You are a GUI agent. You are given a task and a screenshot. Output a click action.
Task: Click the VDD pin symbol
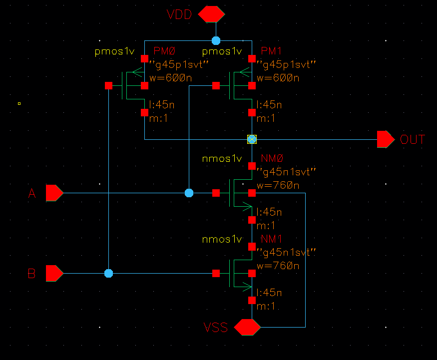tap(211, 14)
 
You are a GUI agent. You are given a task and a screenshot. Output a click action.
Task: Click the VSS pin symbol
tap(248, 328)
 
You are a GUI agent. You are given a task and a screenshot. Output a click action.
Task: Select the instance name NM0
tap(272, 159)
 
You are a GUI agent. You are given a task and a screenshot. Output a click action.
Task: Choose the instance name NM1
tap(272, 239)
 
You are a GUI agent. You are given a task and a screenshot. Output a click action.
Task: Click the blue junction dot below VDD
tap(216, 40)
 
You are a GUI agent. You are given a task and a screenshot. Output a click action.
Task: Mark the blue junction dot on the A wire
tap(189, 193)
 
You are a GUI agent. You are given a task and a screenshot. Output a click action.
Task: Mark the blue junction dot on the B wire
tap(108, 274)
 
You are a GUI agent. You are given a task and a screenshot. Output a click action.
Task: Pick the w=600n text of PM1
tap(278, 78)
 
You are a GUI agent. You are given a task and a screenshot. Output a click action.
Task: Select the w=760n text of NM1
tap(278, 266)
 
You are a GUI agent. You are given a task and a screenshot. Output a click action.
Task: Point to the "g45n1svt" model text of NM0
tap(286, 172)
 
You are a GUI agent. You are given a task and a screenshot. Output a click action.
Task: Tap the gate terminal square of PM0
tap(108, 86)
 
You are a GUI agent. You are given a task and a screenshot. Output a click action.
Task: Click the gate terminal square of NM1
tap(216, 274)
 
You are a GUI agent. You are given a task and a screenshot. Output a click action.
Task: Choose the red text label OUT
tap(413, 139)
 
